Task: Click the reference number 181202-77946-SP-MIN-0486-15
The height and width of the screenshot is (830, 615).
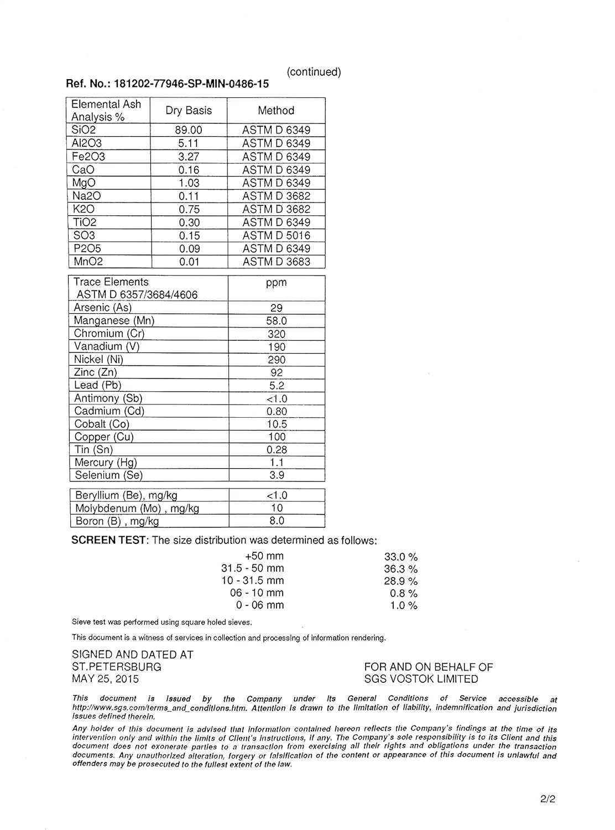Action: [x=191, y=84]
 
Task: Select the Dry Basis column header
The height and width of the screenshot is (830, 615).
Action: [x=189, y=111]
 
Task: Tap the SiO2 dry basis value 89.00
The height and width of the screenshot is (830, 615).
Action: [x=189, y=130]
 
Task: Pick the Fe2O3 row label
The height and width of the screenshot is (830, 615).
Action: [x=88, y=157]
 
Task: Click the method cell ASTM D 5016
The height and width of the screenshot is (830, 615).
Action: [x=276, y=236]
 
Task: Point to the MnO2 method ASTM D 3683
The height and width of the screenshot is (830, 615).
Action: [x=276, y=262]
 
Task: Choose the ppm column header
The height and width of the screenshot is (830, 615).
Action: [x=276, y=283]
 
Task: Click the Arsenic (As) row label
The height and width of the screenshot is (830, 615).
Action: [x=103, y=308]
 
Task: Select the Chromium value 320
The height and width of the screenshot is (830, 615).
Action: [x=276, y=334]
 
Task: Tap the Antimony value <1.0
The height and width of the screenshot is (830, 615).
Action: [x=277, y=399]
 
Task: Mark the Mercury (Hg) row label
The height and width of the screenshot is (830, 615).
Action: [x=106, y=463]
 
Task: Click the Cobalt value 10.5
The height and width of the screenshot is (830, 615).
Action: [x=277, y=424]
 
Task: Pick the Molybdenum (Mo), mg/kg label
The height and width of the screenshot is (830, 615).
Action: [x=137, y=509]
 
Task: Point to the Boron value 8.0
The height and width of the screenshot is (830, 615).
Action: [x=277, y=521]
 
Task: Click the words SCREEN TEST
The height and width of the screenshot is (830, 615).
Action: [x=109, y=541]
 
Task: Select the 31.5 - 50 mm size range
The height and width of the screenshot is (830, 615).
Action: [x=253, y=568]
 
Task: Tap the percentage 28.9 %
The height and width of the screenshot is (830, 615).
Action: [x=400, y=581]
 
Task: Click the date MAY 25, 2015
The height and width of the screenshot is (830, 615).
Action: [x=106, y=679]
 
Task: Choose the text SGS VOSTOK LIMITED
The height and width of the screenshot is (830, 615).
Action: [x=421, y=679]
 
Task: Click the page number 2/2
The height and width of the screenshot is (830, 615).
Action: [x=548, y=799]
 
